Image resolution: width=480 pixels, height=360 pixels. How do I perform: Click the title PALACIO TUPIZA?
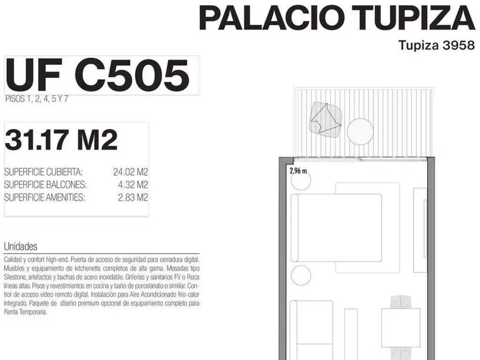337,18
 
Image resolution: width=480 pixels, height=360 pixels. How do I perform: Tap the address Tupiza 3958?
436,45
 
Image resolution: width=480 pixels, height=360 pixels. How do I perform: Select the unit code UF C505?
97,75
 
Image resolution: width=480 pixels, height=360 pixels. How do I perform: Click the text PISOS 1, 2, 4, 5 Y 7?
37,99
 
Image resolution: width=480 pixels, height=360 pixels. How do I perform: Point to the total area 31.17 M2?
61,140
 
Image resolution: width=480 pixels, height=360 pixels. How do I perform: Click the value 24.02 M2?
130,172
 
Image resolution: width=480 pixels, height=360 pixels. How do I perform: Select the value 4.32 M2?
133,185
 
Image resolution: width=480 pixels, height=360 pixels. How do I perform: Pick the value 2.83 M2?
133,197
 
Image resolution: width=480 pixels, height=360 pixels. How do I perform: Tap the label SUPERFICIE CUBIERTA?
43,172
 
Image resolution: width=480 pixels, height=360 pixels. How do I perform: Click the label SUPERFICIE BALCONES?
45,185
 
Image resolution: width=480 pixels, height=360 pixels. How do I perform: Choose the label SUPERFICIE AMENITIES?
45,197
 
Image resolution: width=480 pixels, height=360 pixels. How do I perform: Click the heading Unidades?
21,247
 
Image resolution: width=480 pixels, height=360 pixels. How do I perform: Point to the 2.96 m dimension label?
298,171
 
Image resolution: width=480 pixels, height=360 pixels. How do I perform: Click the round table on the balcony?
360,132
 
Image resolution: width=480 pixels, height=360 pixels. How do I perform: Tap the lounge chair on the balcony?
326,120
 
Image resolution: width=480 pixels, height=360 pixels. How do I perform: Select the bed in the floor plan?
337,228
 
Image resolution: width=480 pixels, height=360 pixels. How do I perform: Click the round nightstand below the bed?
301,276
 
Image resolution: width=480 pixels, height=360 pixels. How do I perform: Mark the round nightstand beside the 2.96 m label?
301,180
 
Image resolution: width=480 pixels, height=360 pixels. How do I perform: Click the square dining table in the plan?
401,328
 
